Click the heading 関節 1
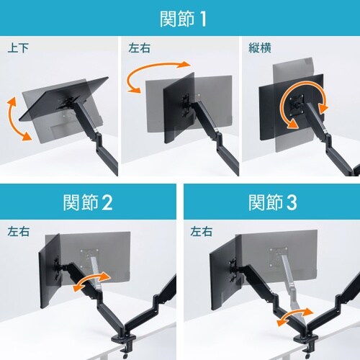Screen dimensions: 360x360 point(183,19)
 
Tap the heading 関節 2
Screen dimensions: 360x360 point(88,202)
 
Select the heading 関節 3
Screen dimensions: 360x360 point(273,202)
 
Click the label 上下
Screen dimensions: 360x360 point(18,48)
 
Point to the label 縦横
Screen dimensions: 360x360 point(260,48)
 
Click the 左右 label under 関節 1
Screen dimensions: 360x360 point(139,48)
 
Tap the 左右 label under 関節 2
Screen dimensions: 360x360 point(18,232)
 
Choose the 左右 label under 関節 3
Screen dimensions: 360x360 point(202,232)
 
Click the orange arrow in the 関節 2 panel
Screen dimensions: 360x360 point(91,280)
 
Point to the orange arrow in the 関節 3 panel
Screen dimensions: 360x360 point(294,315)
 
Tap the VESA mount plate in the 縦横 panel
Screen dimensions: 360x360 point(297,103)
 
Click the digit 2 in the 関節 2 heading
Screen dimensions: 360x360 point(107,203)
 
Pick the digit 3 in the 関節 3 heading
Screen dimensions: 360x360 point(292,203)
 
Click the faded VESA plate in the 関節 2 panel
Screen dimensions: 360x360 point(89,258)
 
